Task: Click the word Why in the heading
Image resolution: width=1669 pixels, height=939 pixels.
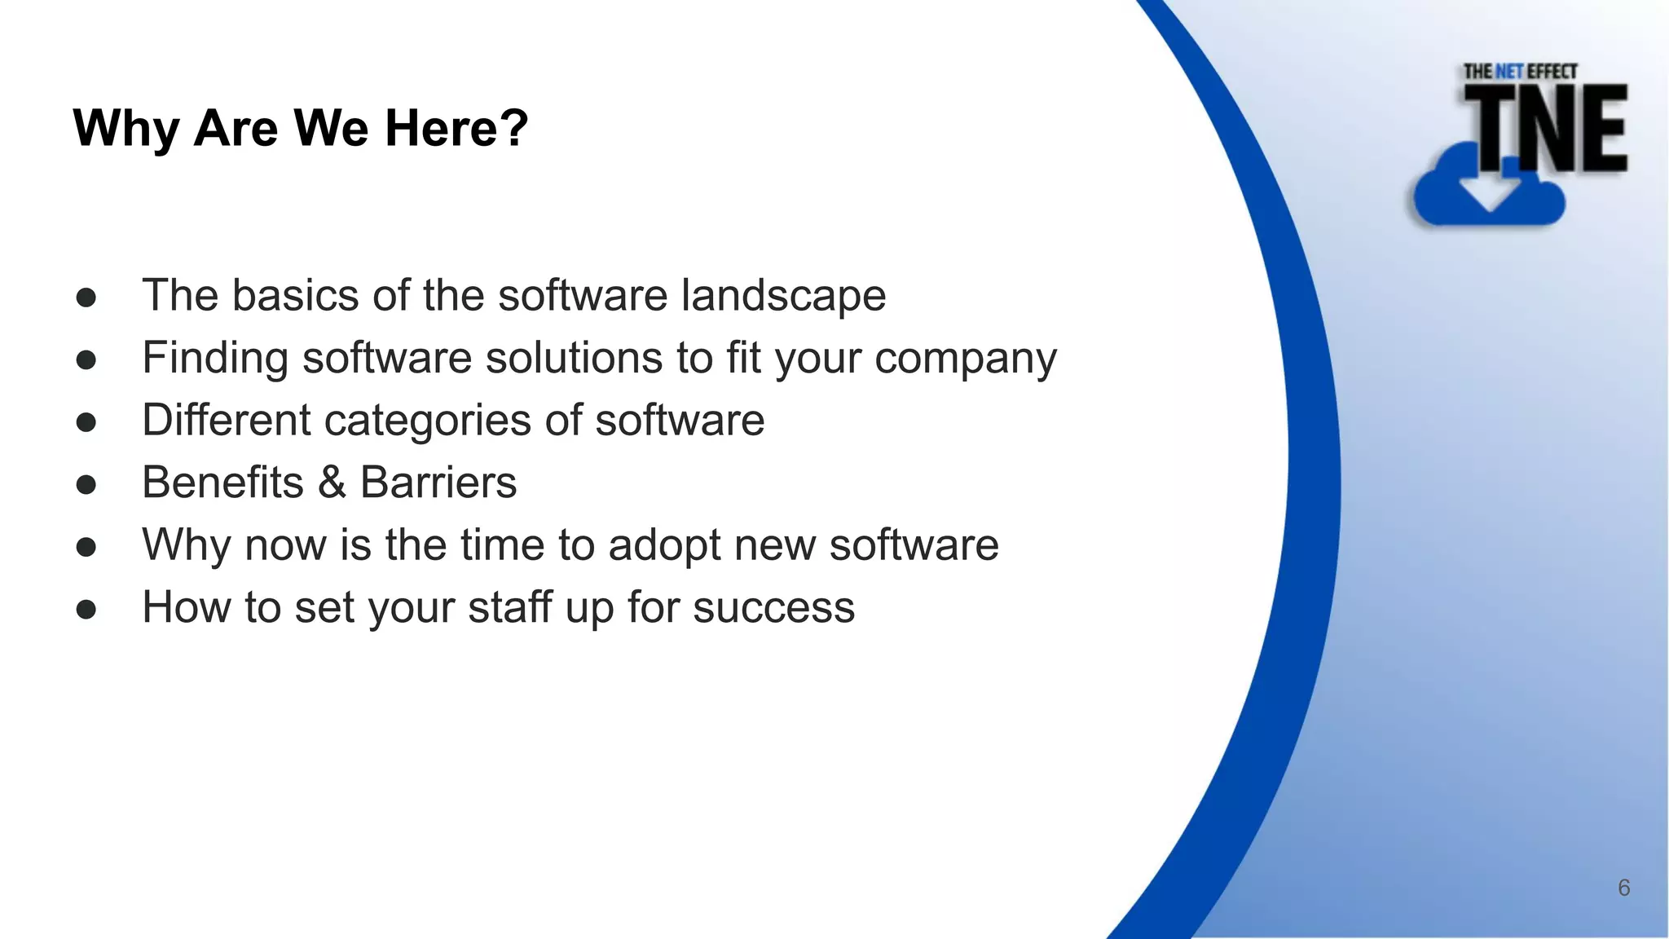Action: click(x=126, y=129)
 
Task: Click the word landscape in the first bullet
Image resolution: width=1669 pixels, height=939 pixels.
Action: click(x=783, y=295)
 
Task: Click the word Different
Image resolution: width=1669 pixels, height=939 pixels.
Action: click(x=226, y=420)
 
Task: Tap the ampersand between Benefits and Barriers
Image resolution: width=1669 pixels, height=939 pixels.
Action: click(x=332, y=483)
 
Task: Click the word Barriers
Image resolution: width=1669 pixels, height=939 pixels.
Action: click(x=438, y=483)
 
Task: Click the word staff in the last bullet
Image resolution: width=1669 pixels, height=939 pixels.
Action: click(x=509, y=607)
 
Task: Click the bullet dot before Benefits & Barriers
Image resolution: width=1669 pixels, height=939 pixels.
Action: click(x=86, y=485)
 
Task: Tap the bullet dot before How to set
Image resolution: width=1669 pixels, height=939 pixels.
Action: click(x=86, y=610)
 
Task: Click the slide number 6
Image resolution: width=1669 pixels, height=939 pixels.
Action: click(x=1623, y=888)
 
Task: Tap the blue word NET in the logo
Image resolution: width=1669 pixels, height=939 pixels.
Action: click(x=1508, y=72)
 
